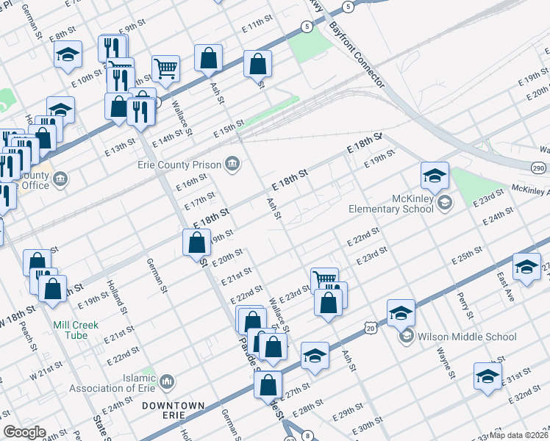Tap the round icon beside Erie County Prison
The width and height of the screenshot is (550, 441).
(x=233, y=163)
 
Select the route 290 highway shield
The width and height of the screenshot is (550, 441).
(x=539, y=169)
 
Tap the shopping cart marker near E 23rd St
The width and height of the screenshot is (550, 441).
(x=324, y=280)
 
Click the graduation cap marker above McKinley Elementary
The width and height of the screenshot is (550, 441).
(x=435, y=175)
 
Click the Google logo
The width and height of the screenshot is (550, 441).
(x=24, y=433)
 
